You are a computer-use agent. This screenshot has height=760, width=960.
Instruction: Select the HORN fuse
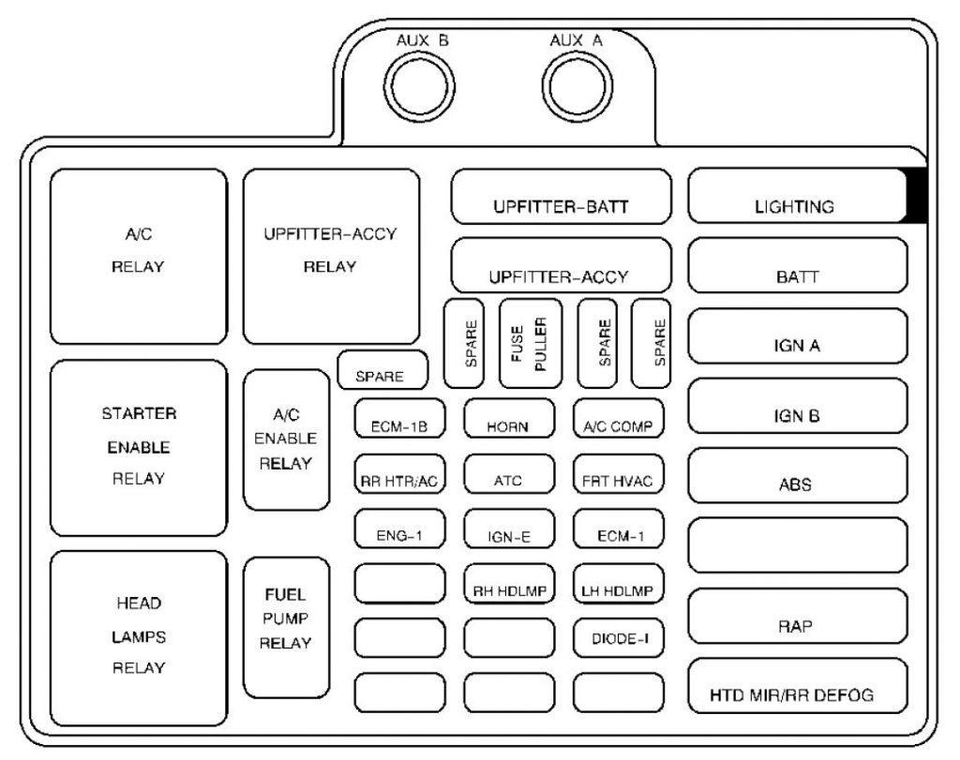pyautogui.click(x=508, y=419)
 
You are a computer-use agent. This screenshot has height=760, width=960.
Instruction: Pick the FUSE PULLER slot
pyautogui.click(x=531, y=343)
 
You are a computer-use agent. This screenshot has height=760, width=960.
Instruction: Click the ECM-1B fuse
pyautogui.click(x=399, y=419)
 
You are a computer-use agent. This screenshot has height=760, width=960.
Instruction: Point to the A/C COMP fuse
pyautogui.click(x=618, y=419)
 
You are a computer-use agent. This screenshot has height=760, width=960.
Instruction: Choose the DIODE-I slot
pyautogui.click(x=618, y=638)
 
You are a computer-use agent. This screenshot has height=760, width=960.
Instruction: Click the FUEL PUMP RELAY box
pyautogui.click(x=286, y=625)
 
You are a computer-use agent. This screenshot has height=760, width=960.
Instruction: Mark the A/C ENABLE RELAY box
pyautogui.click(x=286, y=440)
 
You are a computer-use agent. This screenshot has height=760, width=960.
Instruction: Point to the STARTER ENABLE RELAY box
pyautogui.click(x=139, y=447)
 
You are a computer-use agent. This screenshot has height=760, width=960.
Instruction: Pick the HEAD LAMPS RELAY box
pyautogui.click(x=139, y=637)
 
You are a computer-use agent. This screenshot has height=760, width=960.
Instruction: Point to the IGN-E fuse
pyautogui.click(x=508, y=529)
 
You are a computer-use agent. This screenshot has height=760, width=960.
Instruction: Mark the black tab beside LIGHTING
pyautogui.click(x=917, y=195)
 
